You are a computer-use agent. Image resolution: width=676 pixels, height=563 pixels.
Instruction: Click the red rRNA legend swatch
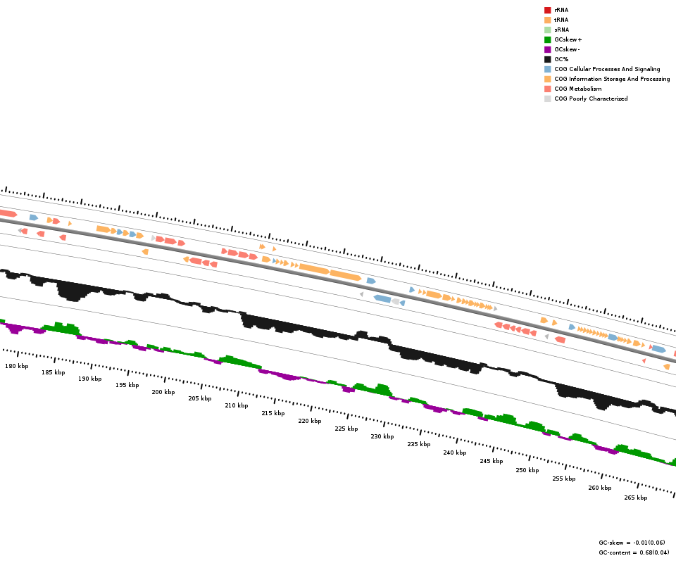click(x=547, y=10)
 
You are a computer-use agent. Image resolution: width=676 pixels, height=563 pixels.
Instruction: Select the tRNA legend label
click(x=561, y=20)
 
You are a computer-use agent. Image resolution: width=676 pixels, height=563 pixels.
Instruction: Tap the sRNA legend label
click(x=561, y=30)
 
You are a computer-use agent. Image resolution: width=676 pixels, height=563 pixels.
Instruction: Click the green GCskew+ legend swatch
click(x=547, y=39)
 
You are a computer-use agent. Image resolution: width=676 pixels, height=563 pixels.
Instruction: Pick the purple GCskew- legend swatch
click(x=547, y=49)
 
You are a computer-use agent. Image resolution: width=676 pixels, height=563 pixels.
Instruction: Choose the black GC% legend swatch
click(x=547, y=59)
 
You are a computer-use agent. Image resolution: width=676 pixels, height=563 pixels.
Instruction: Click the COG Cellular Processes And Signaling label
click(x=607, y=69)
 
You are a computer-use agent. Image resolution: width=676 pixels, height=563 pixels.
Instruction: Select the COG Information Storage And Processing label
click(x=612, y=79)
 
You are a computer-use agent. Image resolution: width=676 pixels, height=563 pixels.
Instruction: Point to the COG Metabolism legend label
click(x=577, y=89)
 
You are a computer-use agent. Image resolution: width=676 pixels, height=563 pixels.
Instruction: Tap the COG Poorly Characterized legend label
click(x=591, y=99)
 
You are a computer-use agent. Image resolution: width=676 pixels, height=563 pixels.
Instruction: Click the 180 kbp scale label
click(x=17, y=366)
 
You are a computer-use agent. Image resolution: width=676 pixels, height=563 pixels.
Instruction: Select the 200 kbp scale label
click(x=163, y=392)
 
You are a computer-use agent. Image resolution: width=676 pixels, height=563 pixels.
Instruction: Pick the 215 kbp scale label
click(x=273, y=413)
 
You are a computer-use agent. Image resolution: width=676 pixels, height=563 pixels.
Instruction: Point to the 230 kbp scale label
click(x=382, y=436)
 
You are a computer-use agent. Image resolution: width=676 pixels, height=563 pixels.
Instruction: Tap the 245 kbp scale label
click(x=492, y=461)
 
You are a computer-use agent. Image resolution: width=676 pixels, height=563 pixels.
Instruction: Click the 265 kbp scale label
click(x=636, y=498)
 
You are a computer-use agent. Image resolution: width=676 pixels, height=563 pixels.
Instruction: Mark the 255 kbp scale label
click(x=564, y=479)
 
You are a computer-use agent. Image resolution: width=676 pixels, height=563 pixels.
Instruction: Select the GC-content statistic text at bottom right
click(x=634, y=552)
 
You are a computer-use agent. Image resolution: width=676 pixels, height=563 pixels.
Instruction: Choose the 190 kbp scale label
click(x=90, y=379)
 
